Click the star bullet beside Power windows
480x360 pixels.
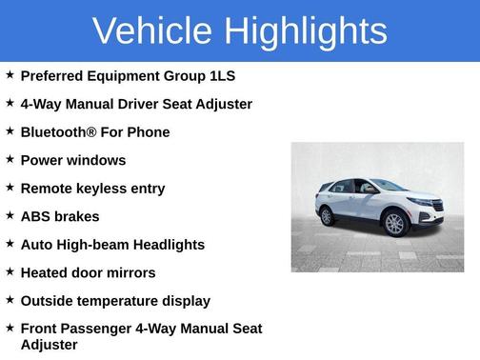click(10, 159)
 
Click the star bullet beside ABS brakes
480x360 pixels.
click(10, 215)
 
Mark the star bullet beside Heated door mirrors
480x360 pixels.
click(10, 271)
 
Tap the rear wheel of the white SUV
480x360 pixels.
click(327, 216)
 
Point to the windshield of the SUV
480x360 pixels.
click(390, 186)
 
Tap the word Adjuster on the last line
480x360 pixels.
click(49, 345)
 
